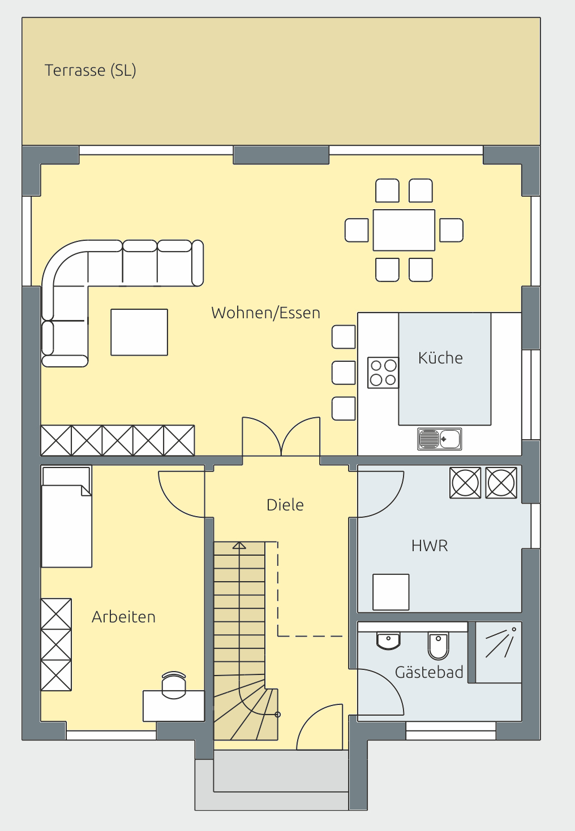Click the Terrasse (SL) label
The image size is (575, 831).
[x=90, y=71]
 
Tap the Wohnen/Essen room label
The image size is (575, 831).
[x=265, y=313]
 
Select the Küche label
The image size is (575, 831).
[x=440, y=358]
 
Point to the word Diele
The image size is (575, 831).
[x=285, y=505]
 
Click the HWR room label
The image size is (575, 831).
[x=430, y=546]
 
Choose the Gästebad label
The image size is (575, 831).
[x=429, y=672]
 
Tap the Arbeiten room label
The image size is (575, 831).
[x=123, y=617]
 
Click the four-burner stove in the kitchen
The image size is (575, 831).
[x=383, y=373]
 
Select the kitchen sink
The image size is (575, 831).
[x=439, y=439]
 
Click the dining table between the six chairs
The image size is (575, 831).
[x=404, y=230]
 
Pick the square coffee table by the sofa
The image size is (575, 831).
[x=139, y=332]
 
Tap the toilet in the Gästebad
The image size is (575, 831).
[x=438, y=646]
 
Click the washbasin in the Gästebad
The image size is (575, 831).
[x=388, y=640]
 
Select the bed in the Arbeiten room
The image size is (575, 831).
[x=66, y=517]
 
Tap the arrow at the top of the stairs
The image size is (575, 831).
[x=239, y=546]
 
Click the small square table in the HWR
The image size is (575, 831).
[x=391, y=592]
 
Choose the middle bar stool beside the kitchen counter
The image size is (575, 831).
[x=344, y=373]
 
